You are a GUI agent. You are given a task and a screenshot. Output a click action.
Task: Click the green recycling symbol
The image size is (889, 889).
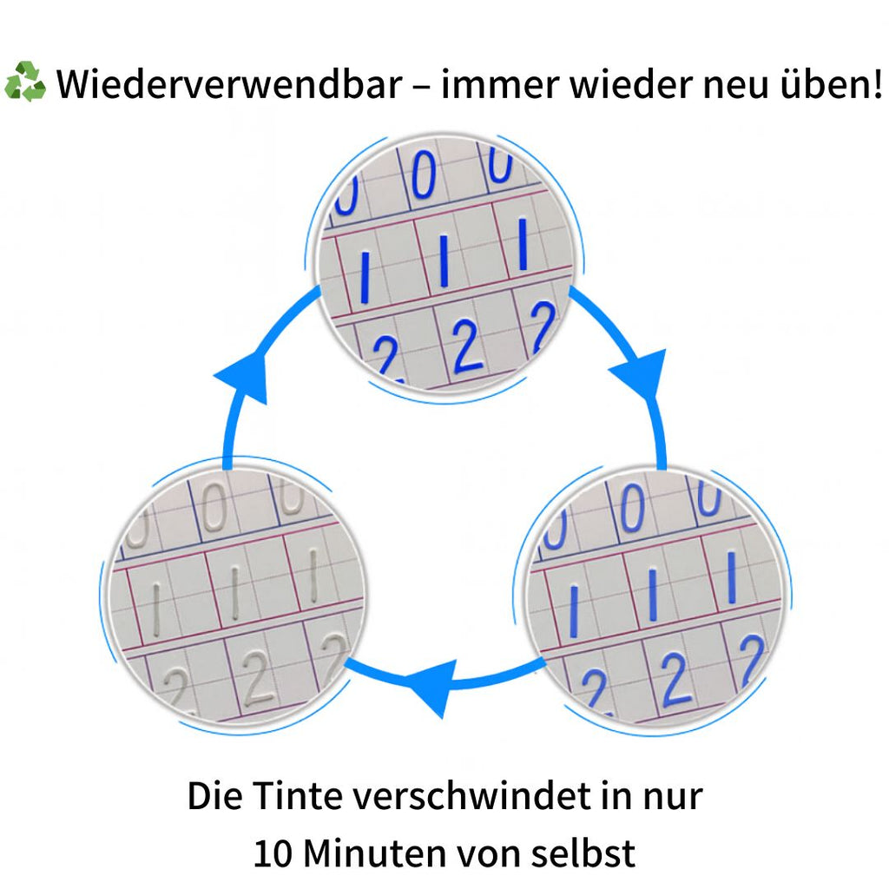(25, 82)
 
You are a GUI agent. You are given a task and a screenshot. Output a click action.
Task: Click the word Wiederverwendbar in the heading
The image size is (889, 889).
(229, 84)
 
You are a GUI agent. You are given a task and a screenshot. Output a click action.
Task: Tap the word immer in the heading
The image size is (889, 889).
(501, 84)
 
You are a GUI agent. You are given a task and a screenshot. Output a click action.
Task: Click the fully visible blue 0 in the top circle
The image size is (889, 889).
(424, 175)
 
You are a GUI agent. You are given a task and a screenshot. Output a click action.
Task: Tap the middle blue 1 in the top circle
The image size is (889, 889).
(444, 260)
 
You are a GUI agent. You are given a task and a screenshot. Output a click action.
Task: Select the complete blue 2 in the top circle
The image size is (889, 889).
(467, 346)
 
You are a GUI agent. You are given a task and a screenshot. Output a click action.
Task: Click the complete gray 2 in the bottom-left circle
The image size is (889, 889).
(257, 678)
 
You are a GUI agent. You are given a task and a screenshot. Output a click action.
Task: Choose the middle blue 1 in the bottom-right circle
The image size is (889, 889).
(653, 593)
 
